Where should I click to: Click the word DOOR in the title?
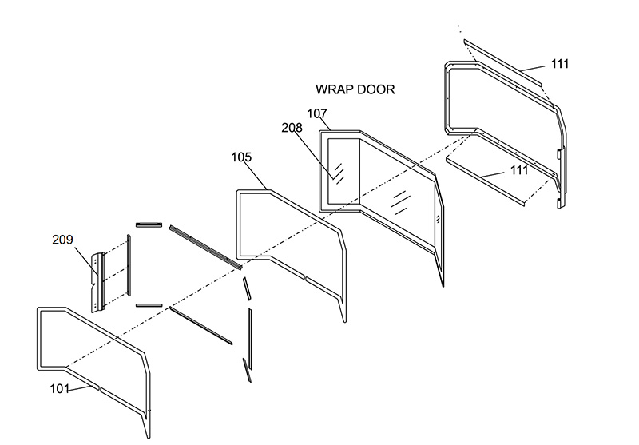(375, 89)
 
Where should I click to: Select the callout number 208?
(292, 128)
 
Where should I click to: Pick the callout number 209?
(63, 239)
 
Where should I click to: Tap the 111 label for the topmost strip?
(560, 64)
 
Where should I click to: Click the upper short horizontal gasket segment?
(149, 224)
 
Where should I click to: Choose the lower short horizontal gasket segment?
(149, 304)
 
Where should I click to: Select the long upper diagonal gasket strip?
(204, 247)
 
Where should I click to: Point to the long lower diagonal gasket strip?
(201, 324)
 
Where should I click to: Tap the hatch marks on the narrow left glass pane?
(339, 173)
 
